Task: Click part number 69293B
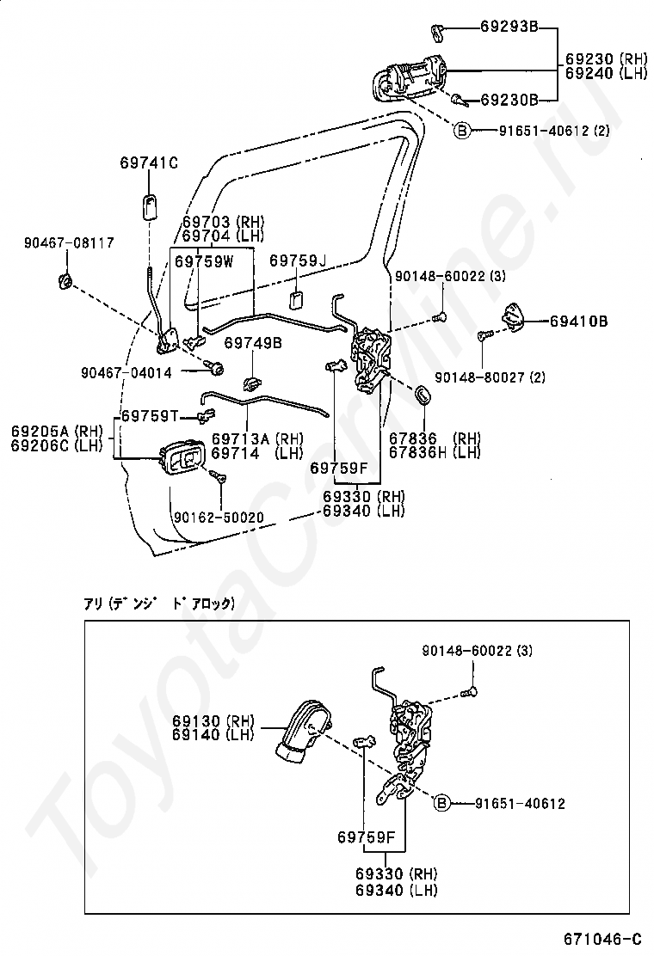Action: [x=509, y=27]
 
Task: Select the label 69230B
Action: [x=509, y=100]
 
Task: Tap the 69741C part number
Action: [x=149, y=162]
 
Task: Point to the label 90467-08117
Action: [x=69, y=242]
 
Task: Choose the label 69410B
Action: [x=579, y=322]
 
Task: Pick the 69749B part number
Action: [x=253, y=343]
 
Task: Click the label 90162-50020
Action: [x=219, y=518]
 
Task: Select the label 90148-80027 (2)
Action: [x=490, y=377]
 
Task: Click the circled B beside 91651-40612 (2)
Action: [x=462, y=131]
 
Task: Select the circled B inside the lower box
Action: [x=441, y=804]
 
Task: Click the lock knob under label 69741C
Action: [x=150, y=206]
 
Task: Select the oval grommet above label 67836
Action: [x=422, y=394]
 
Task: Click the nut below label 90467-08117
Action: [x=65, y=282]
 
